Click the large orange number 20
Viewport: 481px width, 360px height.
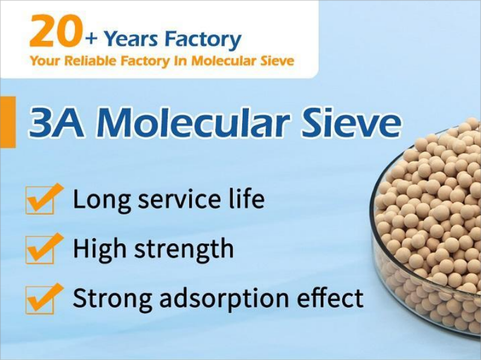click(x=56, y=32)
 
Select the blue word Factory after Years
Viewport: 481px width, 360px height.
click(x=203, y=40)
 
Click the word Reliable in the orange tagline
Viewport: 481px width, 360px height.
click(x=91, y=61)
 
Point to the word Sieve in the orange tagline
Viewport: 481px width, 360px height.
click(x=277, y=61)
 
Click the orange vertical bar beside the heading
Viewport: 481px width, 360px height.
click(x=8, y=122)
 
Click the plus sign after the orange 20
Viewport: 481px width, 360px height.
click(x=91, y=40)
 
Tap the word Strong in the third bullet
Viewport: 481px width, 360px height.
click(x=112, y=297)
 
